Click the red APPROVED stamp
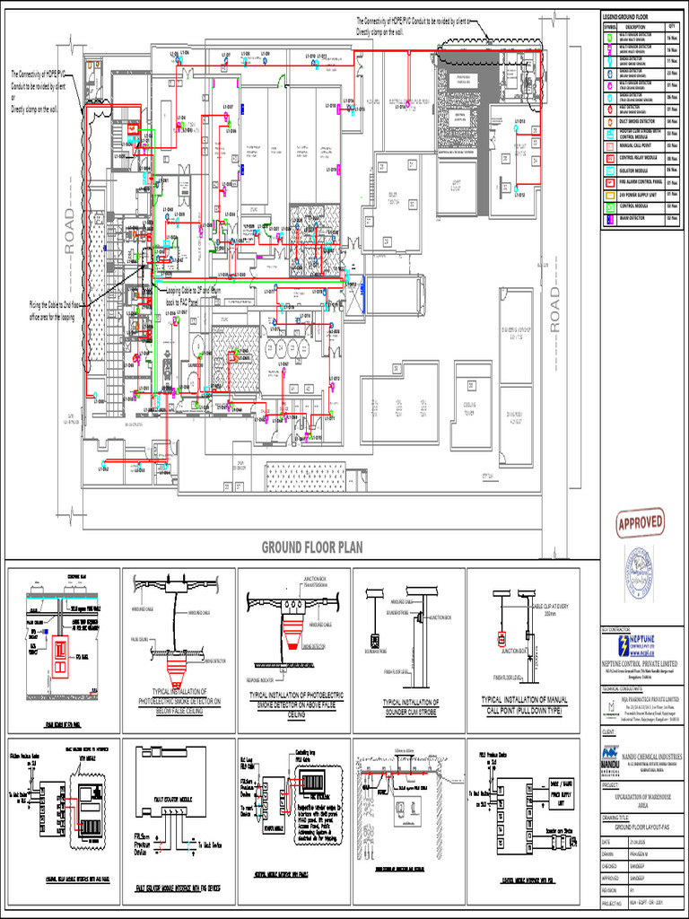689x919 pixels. point(641,521)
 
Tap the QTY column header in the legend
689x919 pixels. point(672,28)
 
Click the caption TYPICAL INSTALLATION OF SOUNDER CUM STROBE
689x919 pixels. point(407,705)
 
